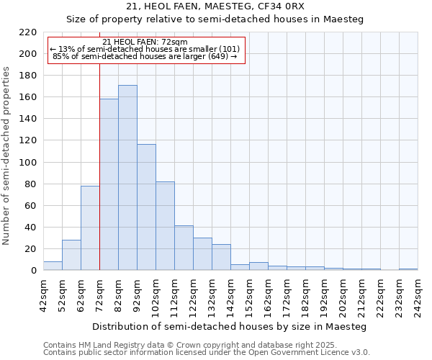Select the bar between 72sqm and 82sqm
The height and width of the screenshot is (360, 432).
pyautogui.click(x=109, y=184)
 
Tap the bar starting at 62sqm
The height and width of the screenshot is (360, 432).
pyautogui.click(x=90, y=228)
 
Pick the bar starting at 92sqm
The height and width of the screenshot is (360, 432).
pyautogui.click(x=146, y=207)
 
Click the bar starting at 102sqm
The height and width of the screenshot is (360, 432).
pyautogui.click(x=165, y=226)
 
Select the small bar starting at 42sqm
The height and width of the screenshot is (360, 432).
pyautogui.click(x=53, y=266)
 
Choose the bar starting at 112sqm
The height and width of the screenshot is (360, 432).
pyautogui.click(x=184, y=248)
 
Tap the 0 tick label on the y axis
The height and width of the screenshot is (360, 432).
pyautogui.click(x=33, y=271)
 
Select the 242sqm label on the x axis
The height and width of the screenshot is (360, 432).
pyautogui.click(x=418, y=295)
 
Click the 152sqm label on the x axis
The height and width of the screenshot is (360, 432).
pyautogui.click(x=249, y=295)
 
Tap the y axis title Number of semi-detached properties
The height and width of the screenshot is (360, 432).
pyautogui.click(x=7, y=156)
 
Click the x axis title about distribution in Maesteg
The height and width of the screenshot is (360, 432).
pyautogui.click(x=230, y=326)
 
